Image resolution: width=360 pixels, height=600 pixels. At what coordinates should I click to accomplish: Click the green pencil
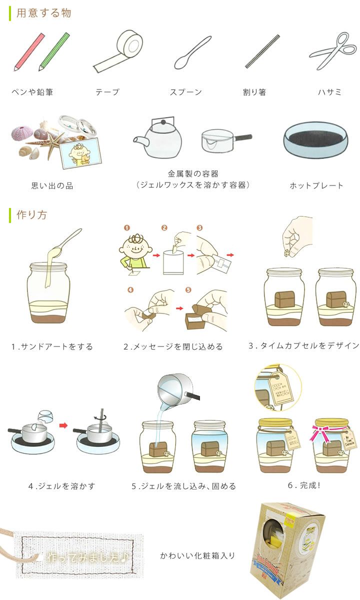click(54, 51)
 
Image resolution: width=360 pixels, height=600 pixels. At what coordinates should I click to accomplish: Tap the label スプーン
click(185, 92)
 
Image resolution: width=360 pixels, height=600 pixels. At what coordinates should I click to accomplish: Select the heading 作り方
click(32, 215)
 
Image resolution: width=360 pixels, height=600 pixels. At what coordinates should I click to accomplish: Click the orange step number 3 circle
click(200, 228)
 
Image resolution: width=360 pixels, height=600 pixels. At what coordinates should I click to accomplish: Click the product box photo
click(284, 548)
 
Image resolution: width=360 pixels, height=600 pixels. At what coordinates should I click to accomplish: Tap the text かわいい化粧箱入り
click(197, 555)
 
